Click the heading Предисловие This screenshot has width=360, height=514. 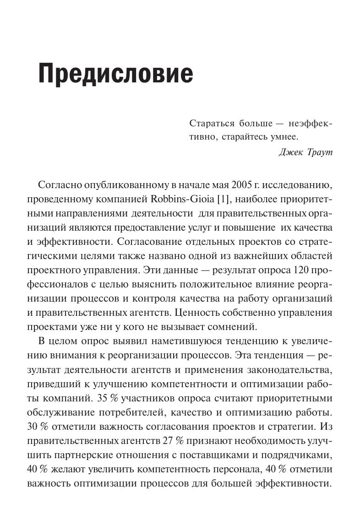click(115, 73)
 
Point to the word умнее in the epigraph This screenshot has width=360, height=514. click(283, 136)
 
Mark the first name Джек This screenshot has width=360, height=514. click(290, 152)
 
